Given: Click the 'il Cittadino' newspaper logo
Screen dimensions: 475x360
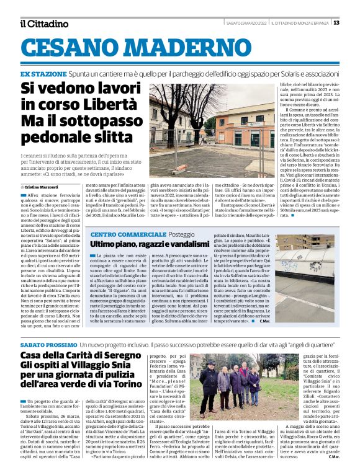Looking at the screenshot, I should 43,23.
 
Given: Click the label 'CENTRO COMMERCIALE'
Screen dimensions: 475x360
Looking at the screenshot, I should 127,235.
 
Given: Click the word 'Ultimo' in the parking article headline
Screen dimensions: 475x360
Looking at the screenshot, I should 106,245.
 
